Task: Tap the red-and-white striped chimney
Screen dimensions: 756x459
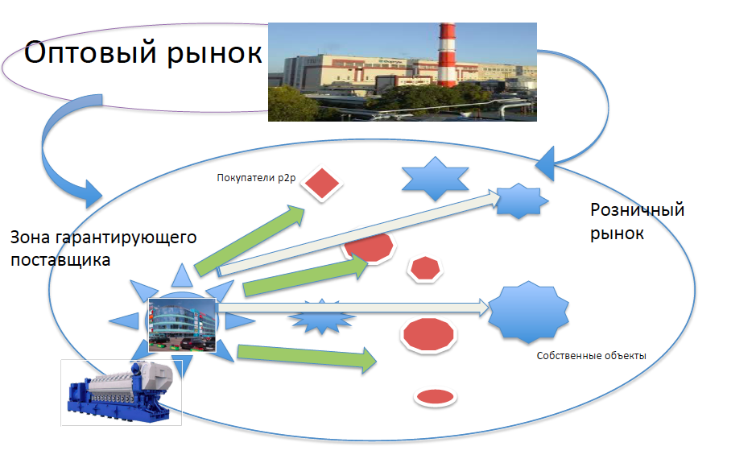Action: click(447, 55)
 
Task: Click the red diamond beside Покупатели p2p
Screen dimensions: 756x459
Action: click(321, 184)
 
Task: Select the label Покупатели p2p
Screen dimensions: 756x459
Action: click(256, 178)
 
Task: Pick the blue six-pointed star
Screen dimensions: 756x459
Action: click(436, 179)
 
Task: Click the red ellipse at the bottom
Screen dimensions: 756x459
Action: click(436, 397)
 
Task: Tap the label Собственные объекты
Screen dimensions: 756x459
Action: click(591, 356)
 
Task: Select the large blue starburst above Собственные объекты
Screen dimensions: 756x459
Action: click(529, 312)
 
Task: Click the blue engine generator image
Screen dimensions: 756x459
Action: click(121, 393)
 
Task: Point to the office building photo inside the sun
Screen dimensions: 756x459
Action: click(182, 325)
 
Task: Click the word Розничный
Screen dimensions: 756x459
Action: click(637, 209)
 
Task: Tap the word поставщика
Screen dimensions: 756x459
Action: click(60, 260)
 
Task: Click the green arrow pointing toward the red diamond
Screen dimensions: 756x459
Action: click(250, 240)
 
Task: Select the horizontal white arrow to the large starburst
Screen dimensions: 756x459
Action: click(353, 308)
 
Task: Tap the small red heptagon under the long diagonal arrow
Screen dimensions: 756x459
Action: click(425, 268)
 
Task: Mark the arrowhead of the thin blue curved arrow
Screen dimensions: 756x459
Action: click(546, 163)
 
